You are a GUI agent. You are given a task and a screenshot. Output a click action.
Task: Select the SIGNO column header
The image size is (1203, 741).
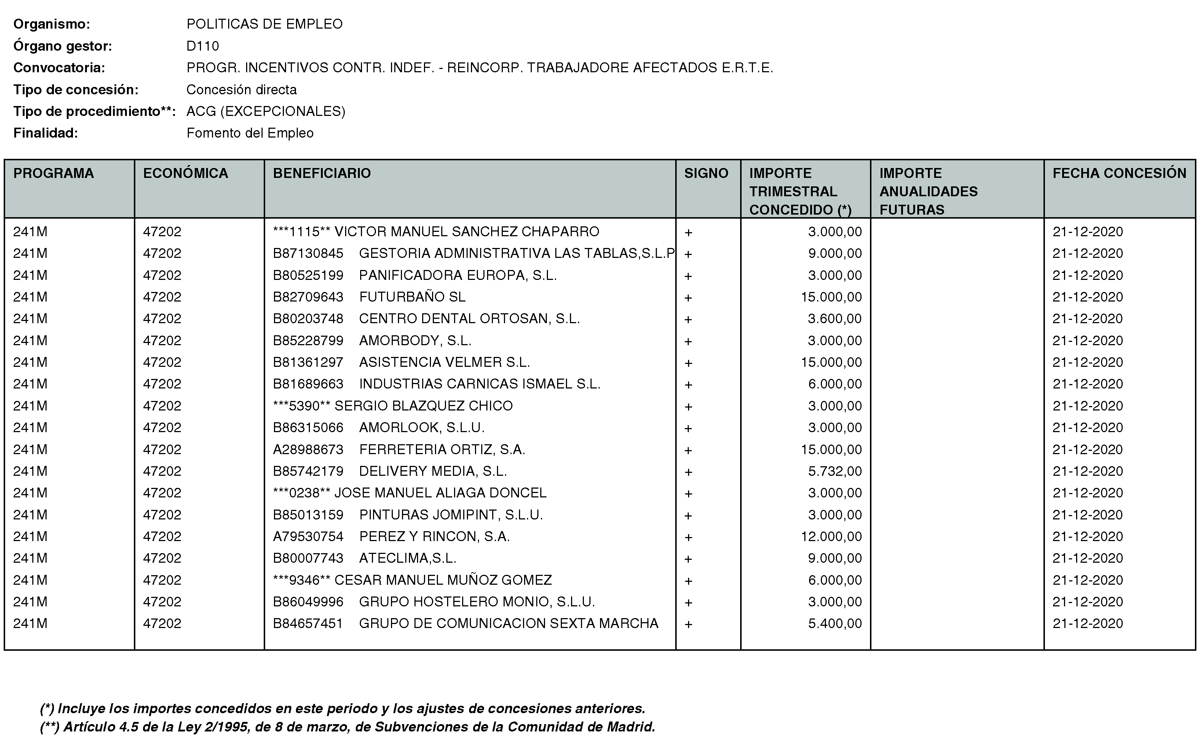(706, 174)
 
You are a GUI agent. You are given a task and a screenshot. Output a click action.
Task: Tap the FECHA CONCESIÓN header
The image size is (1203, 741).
(1119, 174)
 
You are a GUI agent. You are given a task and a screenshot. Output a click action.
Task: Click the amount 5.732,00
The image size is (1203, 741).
(834, 471)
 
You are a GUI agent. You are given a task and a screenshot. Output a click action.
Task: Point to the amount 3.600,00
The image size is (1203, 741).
(834, 319)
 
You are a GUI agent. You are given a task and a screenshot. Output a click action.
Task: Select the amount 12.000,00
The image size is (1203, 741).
(831, 537)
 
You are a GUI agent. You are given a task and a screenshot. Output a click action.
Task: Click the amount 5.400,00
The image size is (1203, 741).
(834, 624)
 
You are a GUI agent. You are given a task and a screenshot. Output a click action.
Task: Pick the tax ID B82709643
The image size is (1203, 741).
(308, 297)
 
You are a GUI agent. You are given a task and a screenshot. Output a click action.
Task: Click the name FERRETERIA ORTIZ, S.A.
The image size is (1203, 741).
(442, 449)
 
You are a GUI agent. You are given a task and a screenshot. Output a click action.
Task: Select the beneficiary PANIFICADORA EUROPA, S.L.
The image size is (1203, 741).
(458, 275)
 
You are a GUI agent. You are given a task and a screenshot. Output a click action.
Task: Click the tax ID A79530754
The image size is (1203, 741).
(308, 537)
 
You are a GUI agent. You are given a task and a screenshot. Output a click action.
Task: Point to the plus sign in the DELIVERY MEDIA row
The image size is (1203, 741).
(688, 472)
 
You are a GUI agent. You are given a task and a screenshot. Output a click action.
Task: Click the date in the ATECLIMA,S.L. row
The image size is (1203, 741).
(1087, 558)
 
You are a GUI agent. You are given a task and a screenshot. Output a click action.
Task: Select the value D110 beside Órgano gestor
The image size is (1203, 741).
(202, 46)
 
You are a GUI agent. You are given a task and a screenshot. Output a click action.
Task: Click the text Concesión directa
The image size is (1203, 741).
(242, 90)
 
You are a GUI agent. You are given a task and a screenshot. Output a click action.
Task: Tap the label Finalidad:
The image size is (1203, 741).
(45, 133)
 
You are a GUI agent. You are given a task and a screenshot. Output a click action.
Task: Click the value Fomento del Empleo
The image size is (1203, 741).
(250, 133)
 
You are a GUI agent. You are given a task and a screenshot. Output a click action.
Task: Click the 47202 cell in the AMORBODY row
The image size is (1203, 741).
(162, 341)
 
